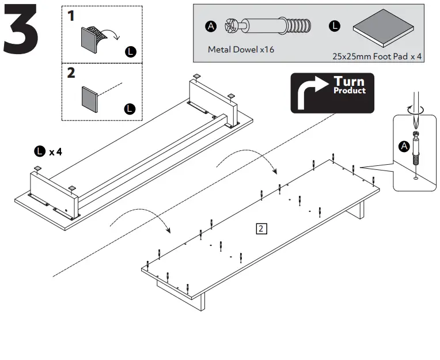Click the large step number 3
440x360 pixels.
point(21,33)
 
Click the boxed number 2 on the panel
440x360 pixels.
point(261,229)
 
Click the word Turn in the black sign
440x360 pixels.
point(349,81)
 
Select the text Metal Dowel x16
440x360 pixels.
point(241,50)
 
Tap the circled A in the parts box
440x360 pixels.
point(211,26)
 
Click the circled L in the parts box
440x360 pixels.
point(335,26)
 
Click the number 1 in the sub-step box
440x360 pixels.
point(71,16)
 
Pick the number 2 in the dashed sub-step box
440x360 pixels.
point(71,73)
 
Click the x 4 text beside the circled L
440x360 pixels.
point(55,152)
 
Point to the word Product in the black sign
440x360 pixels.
point(350,90)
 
